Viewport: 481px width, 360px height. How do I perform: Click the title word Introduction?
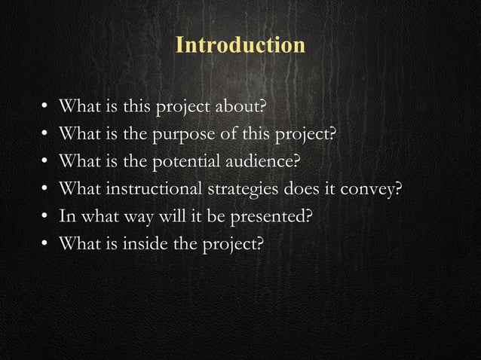(x=240, y=45)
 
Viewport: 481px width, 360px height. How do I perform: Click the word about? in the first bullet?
(x=243, y=106)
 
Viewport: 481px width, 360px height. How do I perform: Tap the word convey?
(x=369, y=189)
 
